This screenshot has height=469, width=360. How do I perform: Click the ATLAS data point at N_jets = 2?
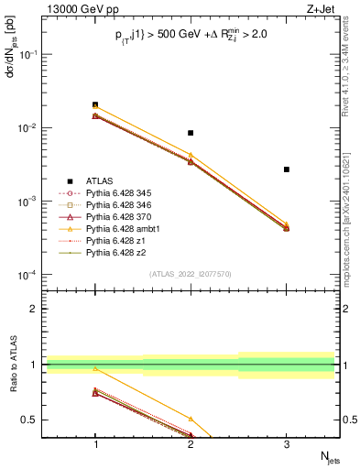point(191,133)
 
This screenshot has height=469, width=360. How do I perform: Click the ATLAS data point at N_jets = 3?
point(287,169)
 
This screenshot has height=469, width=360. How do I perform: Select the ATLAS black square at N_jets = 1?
point(95,104)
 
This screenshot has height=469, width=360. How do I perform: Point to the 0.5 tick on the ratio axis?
point(36,420)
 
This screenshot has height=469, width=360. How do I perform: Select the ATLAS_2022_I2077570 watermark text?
point(191,273)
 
